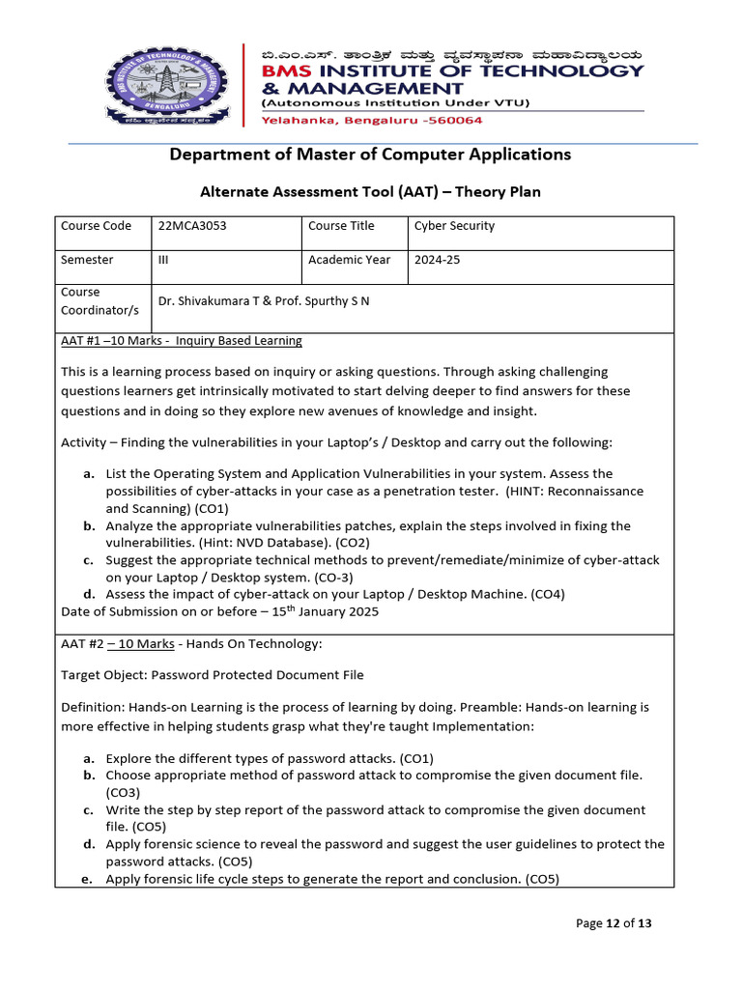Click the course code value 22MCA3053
point(192,226)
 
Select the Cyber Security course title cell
point(454,226)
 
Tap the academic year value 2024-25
point(438,260)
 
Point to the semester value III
point(162,260)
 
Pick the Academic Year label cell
point(350,260)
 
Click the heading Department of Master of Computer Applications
point(370,155)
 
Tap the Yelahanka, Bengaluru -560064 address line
point(372,121)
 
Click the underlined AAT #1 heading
point(181,341)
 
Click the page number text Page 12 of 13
point(614,923)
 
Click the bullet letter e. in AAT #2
point(88,879)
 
